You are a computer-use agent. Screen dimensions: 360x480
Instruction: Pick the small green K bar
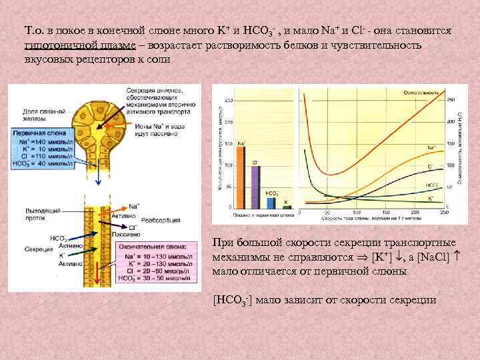click(x=286, y=206)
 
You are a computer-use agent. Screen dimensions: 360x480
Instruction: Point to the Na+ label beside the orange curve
click(x=431, y=147)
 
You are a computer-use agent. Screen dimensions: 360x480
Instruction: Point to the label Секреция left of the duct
click(x=41, y=249)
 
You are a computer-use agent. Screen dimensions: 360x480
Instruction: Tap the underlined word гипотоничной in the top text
click(x=56, y=45)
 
